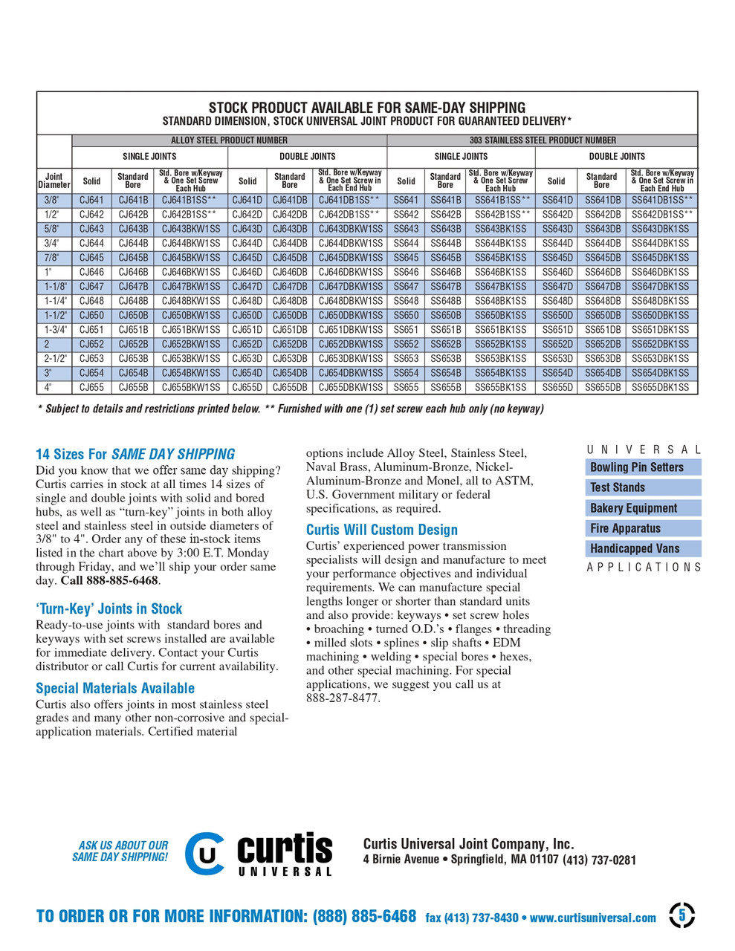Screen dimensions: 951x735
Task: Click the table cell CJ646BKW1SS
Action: [x=191, y=272]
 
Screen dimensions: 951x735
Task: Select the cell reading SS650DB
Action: [x=602, y=315]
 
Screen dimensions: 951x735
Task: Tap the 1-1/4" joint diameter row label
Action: [x=54, y=301]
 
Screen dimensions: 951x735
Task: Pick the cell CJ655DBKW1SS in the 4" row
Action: [x=350, y=387]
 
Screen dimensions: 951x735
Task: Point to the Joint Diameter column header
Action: [x=54, y=181]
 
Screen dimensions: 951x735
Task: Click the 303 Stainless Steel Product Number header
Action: [x=542, y=140]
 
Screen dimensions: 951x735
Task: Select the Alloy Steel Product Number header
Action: [x=229, y=140]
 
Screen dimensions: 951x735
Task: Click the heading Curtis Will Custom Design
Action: [x=382, y=530]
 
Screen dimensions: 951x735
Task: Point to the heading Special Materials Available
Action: [x=115, y=688]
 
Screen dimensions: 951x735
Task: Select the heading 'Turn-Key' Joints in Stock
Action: [x=109, y=608]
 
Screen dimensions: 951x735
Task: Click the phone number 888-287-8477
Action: [x=343, y=698]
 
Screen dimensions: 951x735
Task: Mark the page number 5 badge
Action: [x=681, y=915]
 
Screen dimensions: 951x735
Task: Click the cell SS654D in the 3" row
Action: [x=557, y=373]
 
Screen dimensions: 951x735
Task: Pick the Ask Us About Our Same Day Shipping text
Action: [x=120, y=851]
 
